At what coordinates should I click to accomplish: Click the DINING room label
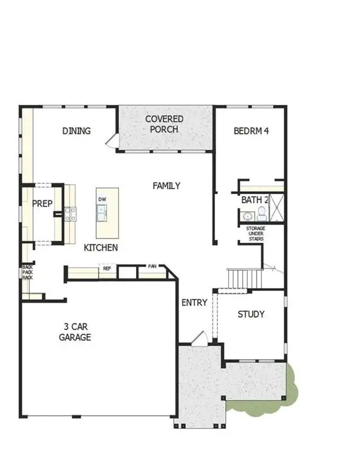[x=76, y=130]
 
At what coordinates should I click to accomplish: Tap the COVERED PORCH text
[x=164, y=124]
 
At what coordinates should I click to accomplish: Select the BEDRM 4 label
[x=251, y=130]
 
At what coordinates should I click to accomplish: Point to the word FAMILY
[x=166, y=186]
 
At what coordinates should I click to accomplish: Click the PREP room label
[x=41, y=204]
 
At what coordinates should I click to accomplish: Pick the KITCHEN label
[x=100, y=248]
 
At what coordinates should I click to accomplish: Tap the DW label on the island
[x=102, y=199]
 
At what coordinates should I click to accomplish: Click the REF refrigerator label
[x=107, y=268]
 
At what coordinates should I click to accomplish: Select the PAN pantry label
[x=152, y=266]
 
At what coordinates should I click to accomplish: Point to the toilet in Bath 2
[x=261, y=213]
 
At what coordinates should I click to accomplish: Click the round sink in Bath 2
[x=247, y=216]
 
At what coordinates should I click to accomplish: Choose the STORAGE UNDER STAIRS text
[x=256, y=234]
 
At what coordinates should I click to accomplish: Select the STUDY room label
[x=251, y=314]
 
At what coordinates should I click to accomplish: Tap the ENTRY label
[x=194, y=302]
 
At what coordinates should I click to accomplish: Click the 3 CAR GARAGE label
[x=75, y=332]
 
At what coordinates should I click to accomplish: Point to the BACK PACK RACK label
[x=27, y=272]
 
